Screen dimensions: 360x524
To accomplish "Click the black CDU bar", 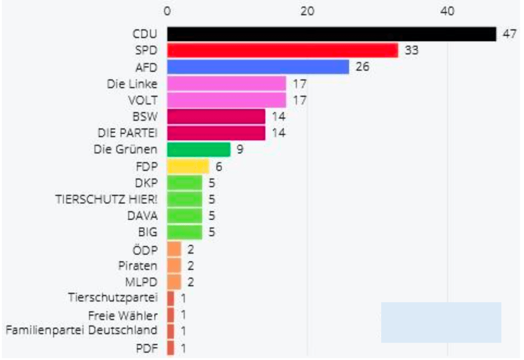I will click(x=331, y=34).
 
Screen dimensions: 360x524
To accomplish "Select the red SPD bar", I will click(x=282, y=51).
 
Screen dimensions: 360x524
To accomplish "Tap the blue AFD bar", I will click(x=258, y=67).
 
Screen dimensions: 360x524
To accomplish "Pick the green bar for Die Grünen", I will click(x=199, y=150).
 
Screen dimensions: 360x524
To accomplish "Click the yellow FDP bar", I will click(x=188, y=166).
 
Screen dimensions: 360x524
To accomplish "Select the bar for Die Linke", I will click(x=226, y=83).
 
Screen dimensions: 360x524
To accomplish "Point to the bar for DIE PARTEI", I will click(x=216, y=133).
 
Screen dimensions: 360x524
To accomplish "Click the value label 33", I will click(x=411, y=51).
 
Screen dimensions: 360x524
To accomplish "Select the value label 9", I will click(x=240, y=150).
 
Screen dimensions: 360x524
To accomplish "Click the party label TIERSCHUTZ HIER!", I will click(x=106, y=199).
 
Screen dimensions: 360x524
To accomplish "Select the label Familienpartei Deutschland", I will click(x=81, y=330).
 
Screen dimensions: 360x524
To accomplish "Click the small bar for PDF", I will click(x=171, y=348).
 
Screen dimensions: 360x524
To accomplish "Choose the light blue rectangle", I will click(x=441, y=322).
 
